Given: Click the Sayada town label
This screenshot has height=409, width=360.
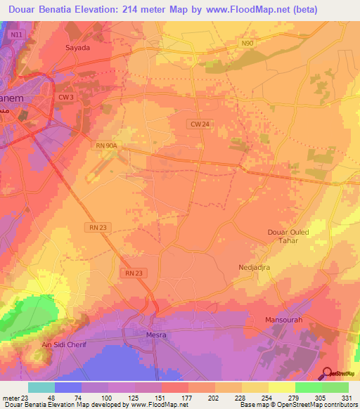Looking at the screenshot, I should tap(78, 48).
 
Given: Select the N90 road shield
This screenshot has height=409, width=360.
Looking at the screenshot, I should tap(246, 44).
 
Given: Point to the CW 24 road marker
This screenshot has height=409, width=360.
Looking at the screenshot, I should tap(200, 124).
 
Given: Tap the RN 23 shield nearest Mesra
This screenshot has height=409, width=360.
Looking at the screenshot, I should tap(134, 273).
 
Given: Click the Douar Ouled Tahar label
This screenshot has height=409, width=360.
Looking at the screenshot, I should tap(289, 236).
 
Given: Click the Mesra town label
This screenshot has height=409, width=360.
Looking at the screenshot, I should tap(156, 335).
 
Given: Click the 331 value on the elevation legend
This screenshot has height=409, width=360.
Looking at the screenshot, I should tap(347, 398).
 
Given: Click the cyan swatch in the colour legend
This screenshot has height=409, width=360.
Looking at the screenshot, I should tap(41, 387).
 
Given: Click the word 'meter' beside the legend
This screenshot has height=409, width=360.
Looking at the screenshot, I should tap(11, 398).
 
